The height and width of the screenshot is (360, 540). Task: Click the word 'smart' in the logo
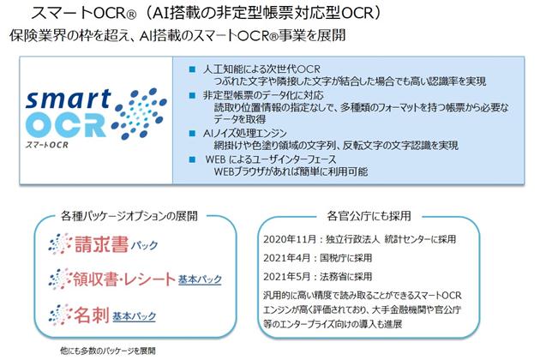[69, 99]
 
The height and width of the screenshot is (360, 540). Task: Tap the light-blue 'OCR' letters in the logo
[66, 124]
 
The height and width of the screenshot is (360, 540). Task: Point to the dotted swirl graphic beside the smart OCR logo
[140, 114]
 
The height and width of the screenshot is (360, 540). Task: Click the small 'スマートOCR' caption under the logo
[46, 145]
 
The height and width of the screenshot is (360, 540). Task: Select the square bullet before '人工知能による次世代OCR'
[192, 69]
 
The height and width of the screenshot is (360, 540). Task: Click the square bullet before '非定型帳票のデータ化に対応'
[192, 95]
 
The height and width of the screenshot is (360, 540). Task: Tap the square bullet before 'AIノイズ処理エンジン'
[192, 134]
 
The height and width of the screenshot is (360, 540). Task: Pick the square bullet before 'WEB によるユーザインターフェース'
[192, 159]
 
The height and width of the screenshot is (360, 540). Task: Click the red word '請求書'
[101, 244]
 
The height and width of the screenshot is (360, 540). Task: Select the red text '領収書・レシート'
[124, 279]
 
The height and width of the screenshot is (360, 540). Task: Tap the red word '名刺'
[92, 315]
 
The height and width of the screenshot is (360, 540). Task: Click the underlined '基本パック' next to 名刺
[135, 316]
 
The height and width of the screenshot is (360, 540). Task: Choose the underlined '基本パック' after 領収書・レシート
[200, 279]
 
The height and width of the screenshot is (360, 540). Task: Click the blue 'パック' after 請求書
[144, 245]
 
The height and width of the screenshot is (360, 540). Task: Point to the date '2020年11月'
[290, 239]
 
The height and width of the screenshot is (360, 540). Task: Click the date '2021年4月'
[287, 258]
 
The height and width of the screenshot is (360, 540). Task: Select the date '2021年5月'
[287, 277]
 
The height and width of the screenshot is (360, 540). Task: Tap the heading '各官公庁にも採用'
[369, 216]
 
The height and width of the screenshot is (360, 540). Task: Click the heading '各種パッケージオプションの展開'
[129, 216]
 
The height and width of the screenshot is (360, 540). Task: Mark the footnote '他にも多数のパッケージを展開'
[108, 351]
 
